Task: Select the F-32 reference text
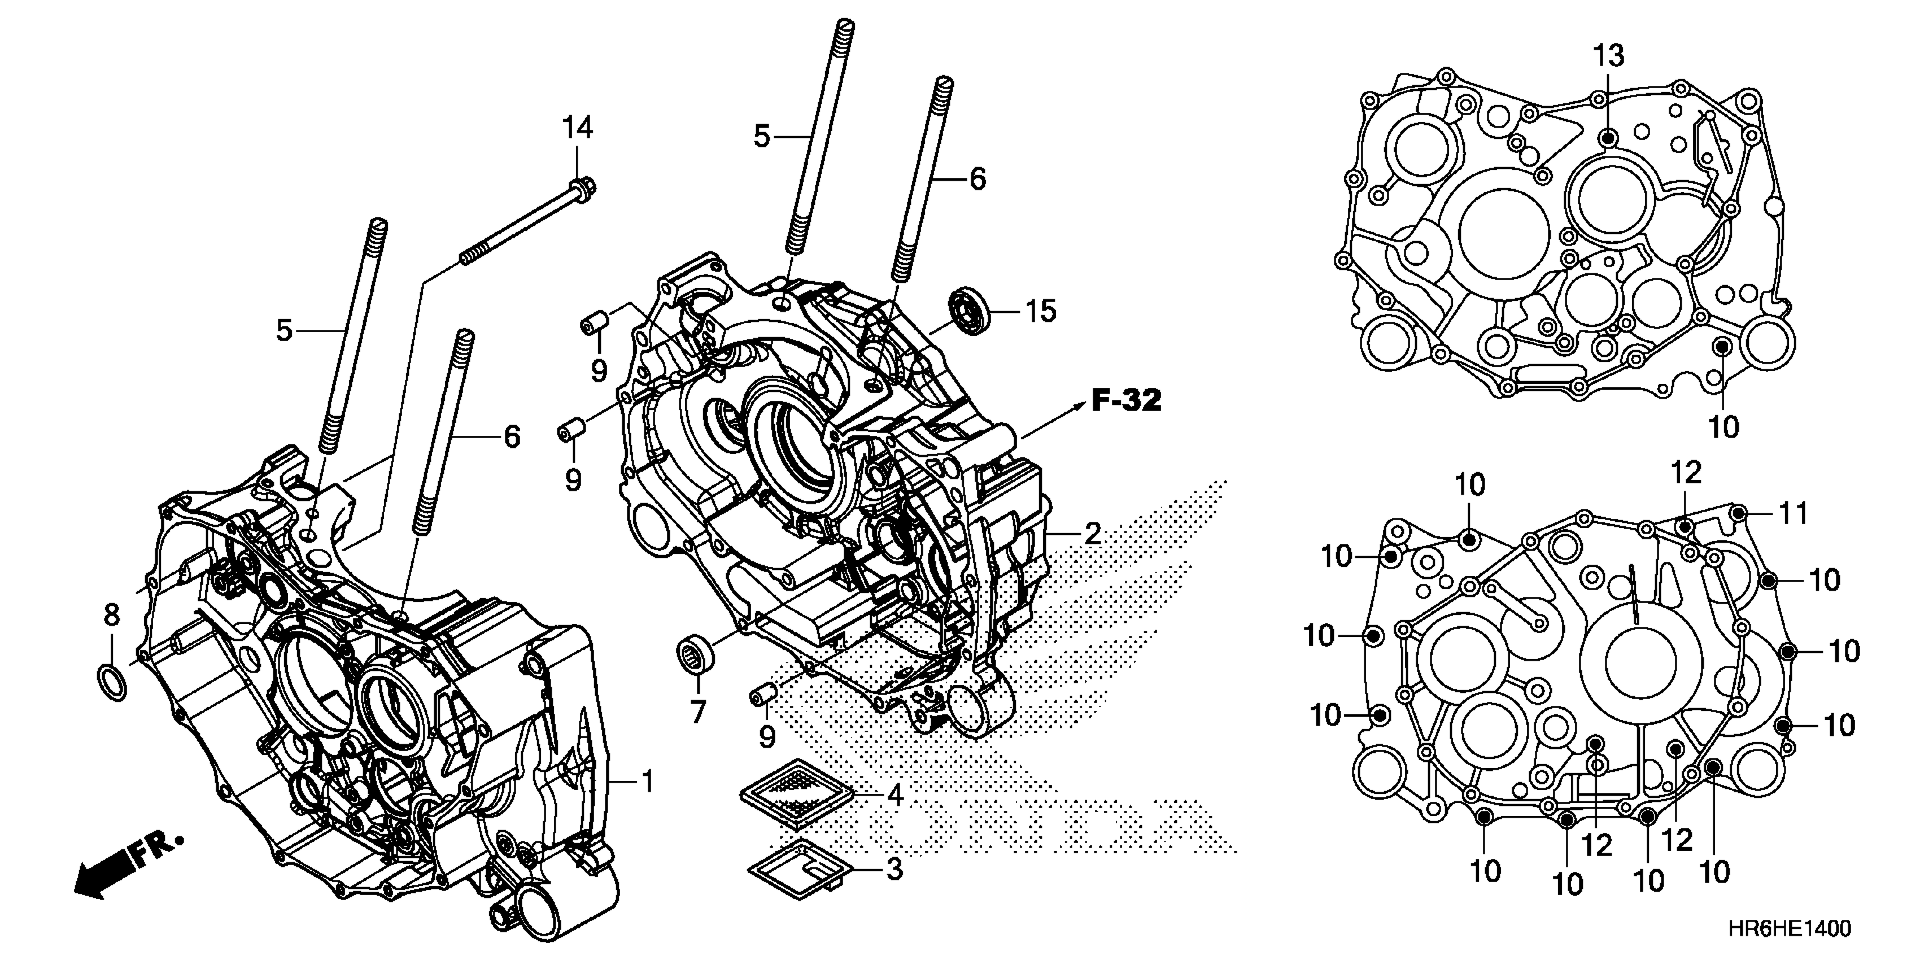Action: click(1126, 401)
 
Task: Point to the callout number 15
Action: click(1041, 311)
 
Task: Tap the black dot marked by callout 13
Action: click(1608, 137)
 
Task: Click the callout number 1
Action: click(648, 782)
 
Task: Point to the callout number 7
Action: click(697, 713)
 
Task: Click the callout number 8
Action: click(111, 615)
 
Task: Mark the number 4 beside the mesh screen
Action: click(895, 795)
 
